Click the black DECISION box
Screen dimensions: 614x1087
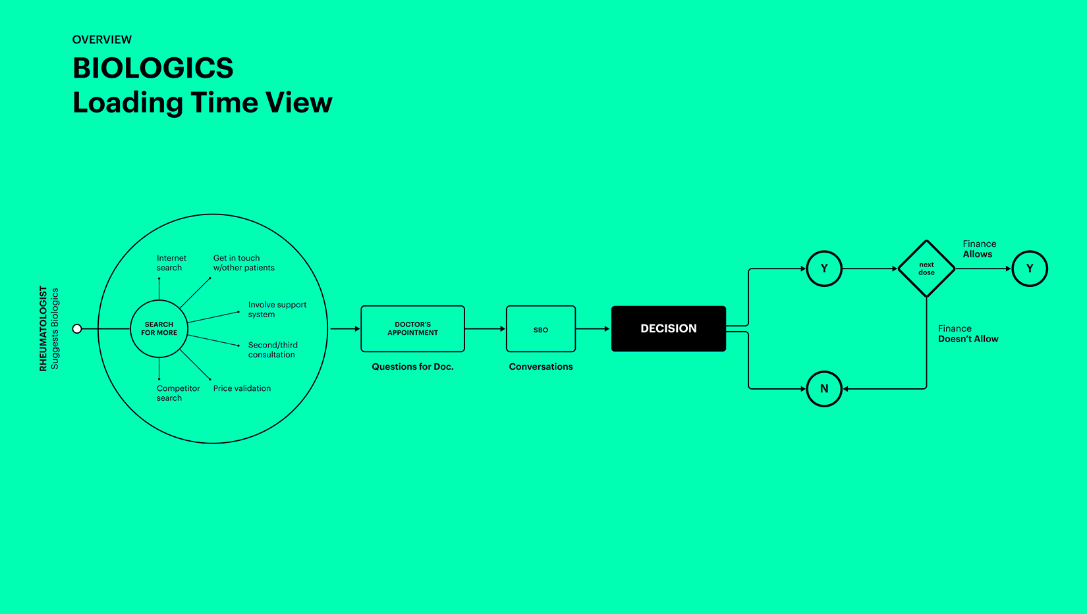click(668, 328)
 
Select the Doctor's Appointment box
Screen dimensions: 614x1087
click(412, 328)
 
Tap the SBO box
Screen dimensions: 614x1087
click(540, 329)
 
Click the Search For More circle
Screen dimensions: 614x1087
click(159, 328)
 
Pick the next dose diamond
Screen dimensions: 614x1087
click(926, 269)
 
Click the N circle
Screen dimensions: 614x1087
click(823, 389)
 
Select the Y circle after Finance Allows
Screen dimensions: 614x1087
click(1029, 269)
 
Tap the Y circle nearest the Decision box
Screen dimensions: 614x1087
click(823, 269)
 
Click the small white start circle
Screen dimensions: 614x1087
click(77, 328)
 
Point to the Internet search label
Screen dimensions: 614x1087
click(171, 263)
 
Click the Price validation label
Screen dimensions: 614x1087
click(242, 388)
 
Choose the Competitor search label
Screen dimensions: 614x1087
click(178, 393)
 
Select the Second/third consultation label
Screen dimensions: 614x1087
click(273, 349)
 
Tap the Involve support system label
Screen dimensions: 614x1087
click(277, 309)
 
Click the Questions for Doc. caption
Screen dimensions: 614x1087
click(412, 367)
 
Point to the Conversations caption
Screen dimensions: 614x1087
click(540, 367)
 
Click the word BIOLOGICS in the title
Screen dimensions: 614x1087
click(153, 68)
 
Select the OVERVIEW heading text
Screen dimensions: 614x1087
click(102, 39)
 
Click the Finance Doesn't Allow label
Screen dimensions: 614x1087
click(968, 334)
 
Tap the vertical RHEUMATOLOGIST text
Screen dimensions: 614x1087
click(43, 328)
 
